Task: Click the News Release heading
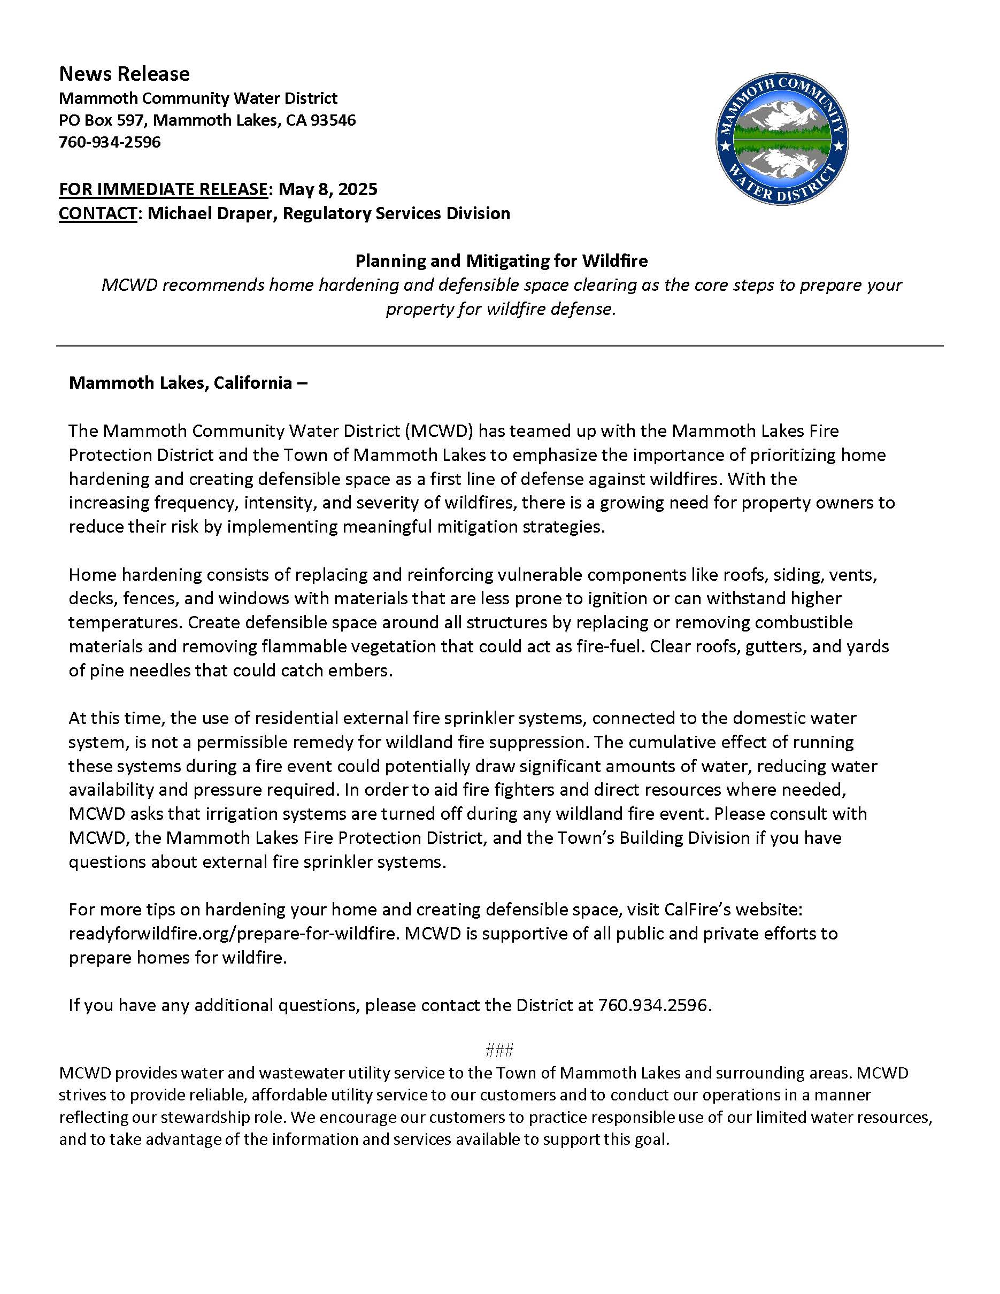125,74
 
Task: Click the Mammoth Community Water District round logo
781,140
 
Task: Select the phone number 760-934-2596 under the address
110,142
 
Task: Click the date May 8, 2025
328,189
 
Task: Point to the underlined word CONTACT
98,213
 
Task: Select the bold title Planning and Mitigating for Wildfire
501,261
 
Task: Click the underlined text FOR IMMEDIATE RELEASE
163,189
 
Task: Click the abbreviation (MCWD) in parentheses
439,431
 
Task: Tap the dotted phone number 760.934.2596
653,1005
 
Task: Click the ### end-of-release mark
499,1051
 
